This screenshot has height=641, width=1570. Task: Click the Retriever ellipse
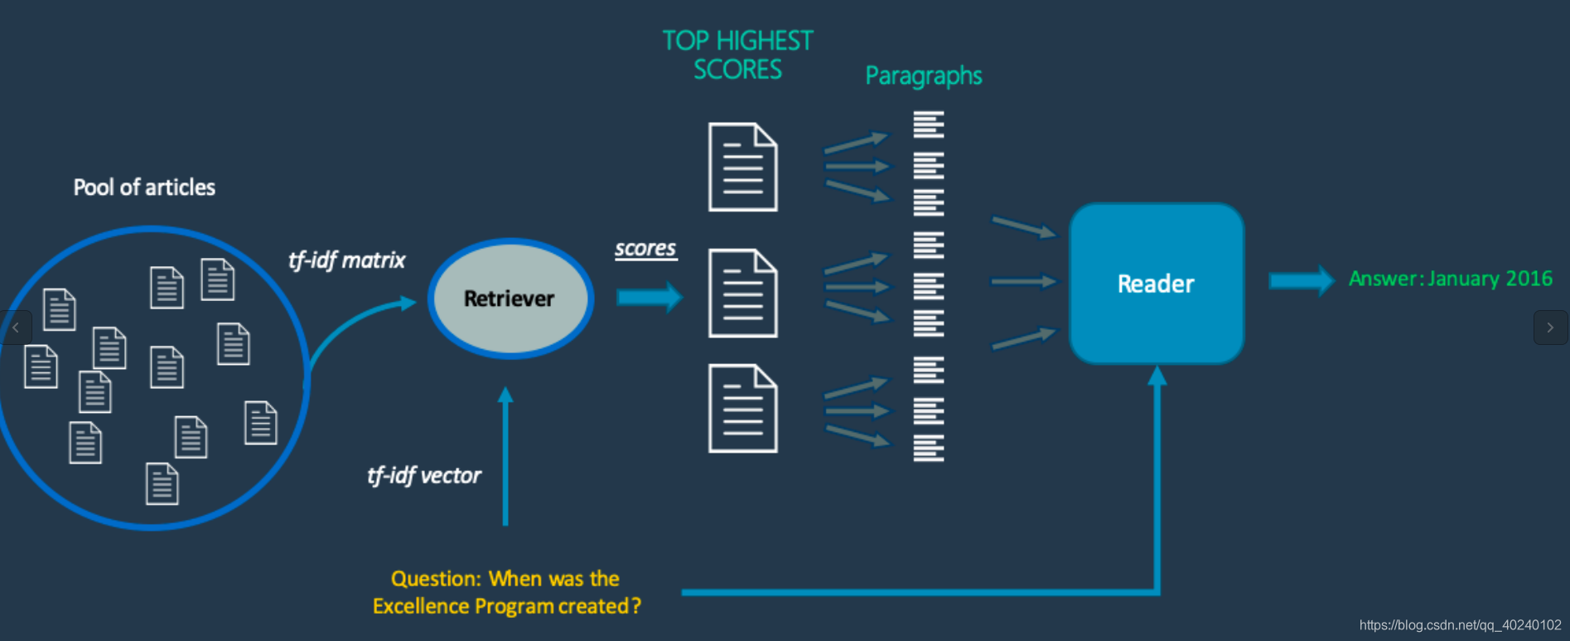coord(510,299)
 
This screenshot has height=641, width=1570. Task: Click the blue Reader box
coord(1156,284)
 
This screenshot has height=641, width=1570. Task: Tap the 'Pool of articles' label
coord(144,187)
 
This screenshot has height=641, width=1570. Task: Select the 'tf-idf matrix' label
coord(346,260)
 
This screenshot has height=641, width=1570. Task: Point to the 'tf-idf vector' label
coord(423,475)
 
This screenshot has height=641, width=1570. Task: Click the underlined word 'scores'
coord(645,249)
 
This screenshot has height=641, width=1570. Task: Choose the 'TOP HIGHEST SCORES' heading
coord(737,55)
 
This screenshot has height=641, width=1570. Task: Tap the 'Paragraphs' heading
coord(924,76)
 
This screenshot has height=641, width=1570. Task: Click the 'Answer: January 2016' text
coord(1450,279)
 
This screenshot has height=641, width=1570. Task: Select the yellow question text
coord(506,592)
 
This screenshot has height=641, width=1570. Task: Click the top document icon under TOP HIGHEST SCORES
coord(742,167)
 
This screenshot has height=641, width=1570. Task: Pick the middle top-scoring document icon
coord(742,293)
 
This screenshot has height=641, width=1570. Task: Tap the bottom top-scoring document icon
coord(742,408)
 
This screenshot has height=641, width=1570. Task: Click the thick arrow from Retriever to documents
coord(649,297)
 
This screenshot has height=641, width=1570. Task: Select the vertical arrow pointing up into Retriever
coord(505,456)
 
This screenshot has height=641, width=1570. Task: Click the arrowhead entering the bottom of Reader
coord(1157,377)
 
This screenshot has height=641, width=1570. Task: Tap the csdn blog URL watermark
coord(1460,625)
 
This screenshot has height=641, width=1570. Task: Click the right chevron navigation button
coord(1550,328)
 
